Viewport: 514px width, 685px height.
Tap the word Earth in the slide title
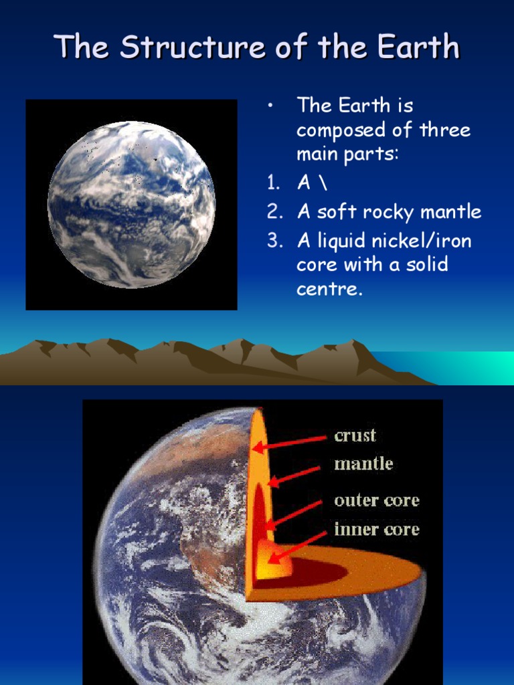coord(417,47)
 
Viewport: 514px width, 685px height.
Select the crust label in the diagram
coord(355,435)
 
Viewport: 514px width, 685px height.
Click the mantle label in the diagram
coord(363,464)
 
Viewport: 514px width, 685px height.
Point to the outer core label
coord(377,500)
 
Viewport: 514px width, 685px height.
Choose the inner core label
coord(377,530)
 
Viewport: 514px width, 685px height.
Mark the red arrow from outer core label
coord(294,514)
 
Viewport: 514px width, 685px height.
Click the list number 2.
coord(274,213)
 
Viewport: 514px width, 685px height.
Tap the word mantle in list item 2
coord(450,213)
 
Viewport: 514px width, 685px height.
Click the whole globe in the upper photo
coord(132,204)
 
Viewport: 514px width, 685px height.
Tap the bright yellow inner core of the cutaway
coord(276,563)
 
